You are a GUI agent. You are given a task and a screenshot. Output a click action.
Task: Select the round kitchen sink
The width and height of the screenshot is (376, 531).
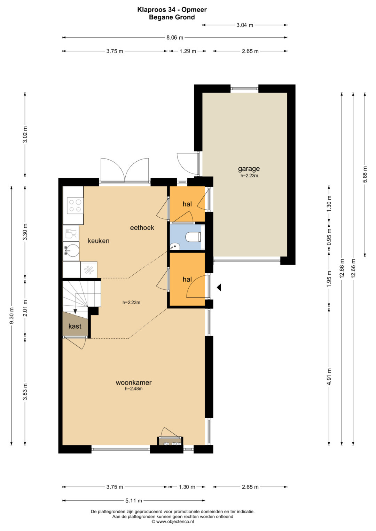[x=71, y=251]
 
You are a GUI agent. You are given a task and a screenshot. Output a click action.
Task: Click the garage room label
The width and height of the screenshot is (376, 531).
[x=249, y=169]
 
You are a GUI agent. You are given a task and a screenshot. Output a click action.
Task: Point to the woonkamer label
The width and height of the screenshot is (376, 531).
[x=134, y=383]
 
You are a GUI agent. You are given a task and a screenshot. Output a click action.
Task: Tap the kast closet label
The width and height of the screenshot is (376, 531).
[x=75, y=326]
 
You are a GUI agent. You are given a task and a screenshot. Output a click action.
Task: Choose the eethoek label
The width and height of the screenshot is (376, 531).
[x=142, y=227]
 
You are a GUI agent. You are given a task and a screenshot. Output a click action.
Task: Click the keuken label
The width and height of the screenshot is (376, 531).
[x=99, y=241]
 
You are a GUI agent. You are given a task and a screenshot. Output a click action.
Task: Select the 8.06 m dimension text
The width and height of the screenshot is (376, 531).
[x=175, y=38]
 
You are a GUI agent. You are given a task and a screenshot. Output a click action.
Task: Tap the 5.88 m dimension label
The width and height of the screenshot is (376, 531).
[x=365, y=174]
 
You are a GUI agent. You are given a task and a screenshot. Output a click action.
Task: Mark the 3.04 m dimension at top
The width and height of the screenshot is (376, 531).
[x=245, y=25]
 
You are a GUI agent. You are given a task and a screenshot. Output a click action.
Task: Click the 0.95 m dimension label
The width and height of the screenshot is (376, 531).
[x=329, y=237]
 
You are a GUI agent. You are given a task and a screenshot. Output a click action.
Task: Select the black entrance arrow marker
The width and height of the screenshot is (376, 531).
[x=219, y=287]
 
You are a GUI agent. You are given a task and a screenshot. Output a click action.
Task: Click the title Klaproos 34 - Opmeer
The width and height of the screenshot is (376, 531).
[x=172, y=10]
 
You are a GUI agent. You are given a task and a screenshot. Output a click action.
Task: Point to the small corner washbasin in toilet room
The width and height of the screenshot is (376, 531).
[x=175, y=247]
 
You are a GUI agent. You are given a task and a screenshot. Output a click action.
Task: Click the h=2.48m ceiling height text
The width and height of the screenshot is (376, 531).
[x=134, y=388]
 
